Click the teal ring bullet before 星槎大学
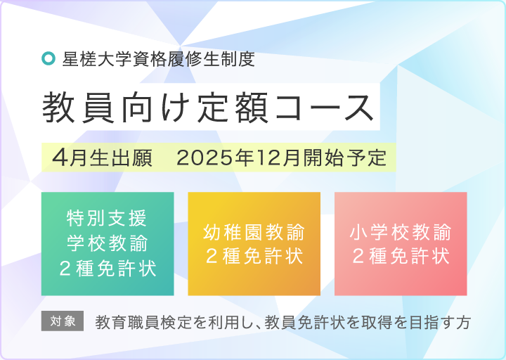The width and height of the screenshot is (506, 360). (x=48, y=59)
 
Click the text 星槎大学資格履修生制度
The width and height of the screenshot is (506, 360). (x=158, y=59)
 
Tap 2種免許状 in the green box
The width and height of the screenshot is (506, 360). (x=108, y=267)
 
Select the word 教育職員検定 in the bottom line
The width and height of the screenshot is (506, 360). (x=140, y=323)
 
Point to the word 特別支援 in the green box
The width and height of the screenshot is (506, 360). (x=108, y=217)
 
